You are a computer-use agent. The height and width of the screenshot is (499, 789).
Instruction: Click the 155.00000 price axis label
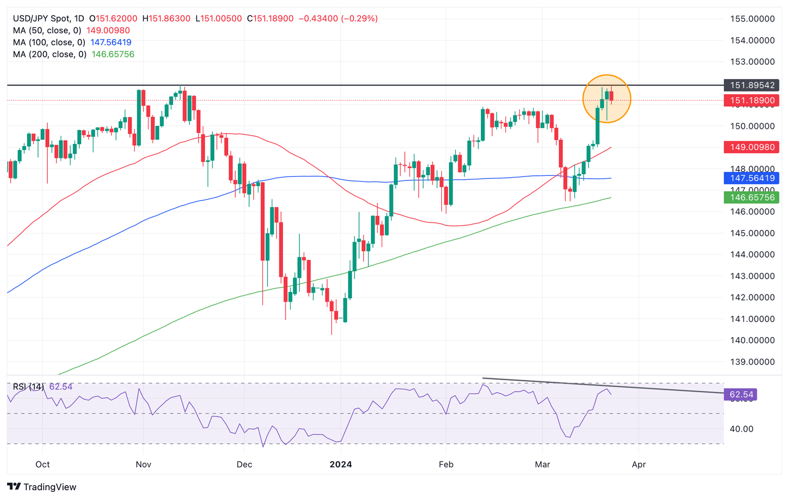[x=752, y=19]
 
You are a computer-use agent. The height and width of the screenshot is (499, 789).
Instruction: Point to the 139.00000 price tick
[x=752, y=362]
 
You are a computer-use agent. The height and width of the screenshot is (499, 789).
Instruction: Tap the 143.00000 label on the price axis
[x=752, y=276]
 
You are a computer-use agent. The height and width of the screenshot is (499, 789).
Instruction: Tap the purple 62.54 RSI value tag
[x=740, y=395]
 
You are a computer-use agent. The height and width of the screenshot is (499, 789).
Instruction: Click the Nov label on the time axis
[x=143, y=465]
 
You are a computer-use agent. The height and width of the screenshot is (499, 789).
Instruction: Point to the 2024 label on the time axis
[x=341, y=465]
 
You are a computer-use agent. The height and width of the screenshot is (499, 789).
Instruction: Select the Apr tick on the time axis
[x=638, y=465]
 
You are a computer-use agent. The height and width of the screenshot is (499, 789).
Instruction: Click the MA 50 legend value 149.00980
[x=108, y=31]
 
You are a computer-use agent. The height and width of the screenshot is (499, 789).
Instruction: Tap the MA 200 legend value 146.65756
[x=112, y=54]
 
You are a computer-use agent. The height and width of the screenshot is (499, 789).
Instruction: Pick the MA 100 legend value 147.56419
[x=110, y=43]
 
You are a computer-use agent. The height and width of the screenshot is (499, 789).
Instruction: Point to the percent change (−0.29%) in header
[x=359, y=19]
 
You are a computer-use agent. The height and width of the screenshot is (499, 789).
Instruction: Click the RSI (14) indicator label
[x=28, y=386]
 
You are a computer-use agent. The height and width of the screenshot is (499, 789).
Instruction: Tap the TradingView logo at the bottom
[x=42, y=487]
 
